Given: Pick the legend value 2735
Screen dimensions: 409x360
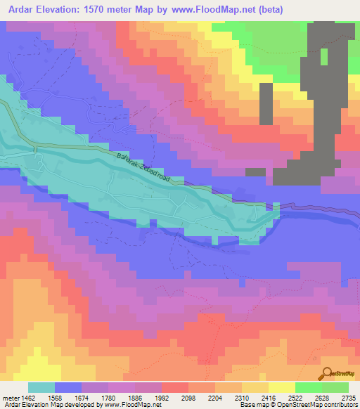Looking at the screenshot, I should point(348,396).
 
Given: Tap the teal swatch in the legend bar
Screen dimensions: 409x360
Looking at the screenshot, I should point(41,387).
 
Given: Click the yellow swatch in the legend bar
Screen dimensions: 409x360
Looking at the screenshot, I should point(282,387).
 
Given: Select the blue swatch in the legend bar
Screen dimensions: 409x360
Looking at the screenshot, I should point(68,387).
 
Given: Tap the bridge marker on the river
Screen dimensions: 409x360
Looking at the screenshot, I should point(34,150).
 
